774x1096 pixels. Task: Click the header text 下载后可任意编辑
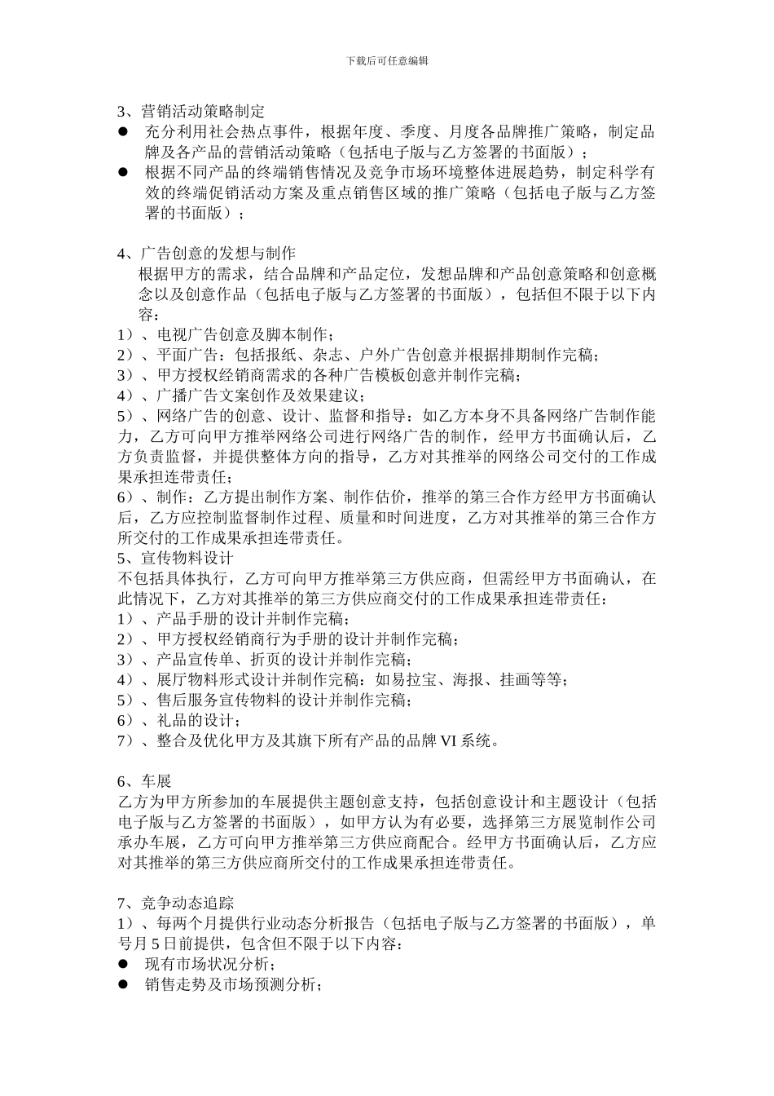pyautogui.click(x=387, y=61)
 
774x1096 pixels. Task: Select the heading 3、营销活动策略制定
pyautogui.click(x=191, y=112)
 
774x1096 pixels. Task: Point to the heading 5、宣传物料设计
pyautogui.click(x=175, y=559)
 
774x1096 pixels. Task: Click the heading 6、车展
pyautogui.click(x=144, y=781)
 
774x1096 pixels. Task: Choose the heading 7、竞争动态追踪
pyautogui.click(x=175, y=903)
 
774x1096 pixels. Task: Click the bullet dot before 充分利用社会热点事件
pyautogui.click(x=124, y=132)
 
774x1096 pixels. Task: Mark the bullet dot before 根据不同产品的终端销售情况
pyautogui.click(x=124, y=173)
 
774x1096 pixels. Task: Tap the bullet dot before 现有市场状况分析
pyautogui.click(x=124, y=964)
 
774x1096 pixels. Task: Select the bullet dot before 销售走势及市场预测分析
pyautogui.click(x=124, y=984)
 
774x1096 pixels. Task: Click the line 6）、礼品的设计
pyautogui.click(x=178, y=721)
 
